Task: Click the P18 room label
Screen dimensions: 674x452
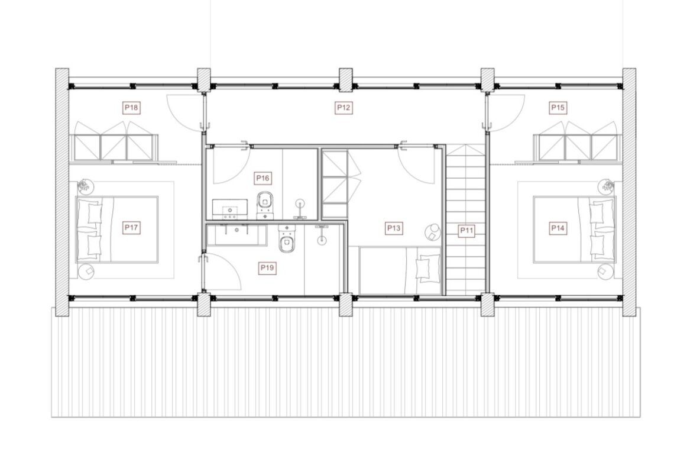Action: [x=131, y=107]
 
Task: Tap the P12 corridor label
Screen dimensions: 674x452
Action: [x=344, y=107]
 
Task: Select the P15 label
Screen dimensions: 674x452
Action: [x=558, y=107]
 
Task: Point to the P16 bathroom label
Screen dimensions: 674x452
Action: [x=263, y=178]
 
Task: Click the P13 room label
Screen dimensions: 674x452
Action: [x=394, y=228]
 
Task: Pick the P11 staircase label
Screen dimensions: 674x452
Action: [x=467, y=231]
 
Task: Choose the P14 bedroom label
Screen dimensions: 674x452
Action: [x=558, y=228]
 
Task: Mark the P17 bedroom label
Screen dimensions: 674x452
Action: [x=131, y=228]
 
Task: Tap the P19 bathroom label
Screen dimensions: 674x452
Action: [x=267, y=269]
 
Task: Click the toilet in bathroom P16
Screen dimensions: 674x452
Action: [x=265, y=205]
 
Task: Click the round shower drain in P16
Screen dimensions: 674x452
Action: [x=300, y=202]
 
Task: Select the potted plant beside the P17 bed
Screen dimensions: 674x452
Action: [x=85, y=186]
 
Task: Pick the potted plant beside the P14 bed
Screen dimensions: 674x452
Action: [x=607, y=186]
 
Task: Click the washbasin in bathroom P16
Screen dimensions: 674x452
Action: [x=230, y=209]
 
